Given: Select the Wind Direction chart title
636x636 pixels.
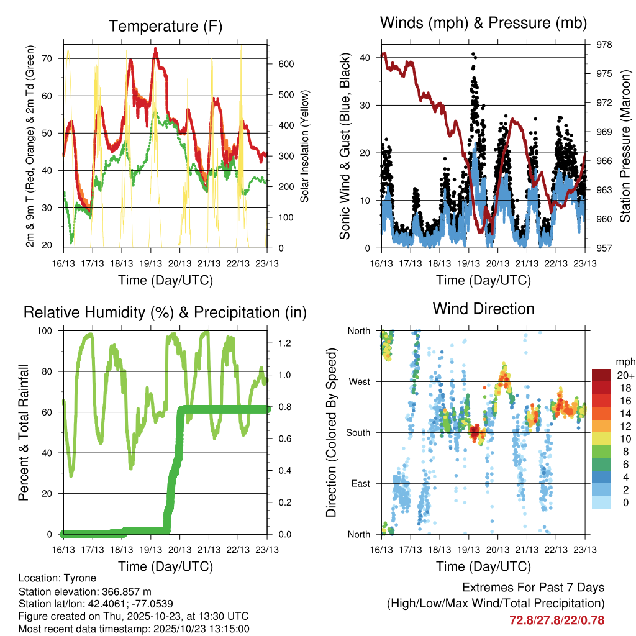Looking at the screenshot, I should pos(483,309).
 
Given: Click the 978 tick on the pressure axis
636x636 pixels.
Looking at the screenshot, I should pos(596,45).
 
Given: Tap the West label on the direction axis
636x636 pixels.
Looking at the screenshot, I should pos(359,382).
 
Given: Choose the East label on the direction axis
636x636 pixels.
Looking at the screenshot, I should pos(360,484).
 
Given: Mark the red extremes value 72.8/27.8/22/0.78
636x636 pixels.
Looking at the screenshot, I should pos(556,620).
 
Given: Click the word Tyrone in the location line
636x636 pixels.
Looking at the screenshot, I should pos(80,578).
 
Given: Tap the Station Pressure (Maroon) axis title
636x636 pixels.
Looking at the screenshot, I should pos(625,147).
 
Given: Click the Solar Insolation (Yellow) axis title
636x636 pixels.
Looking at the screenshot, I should pos(305,147).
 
